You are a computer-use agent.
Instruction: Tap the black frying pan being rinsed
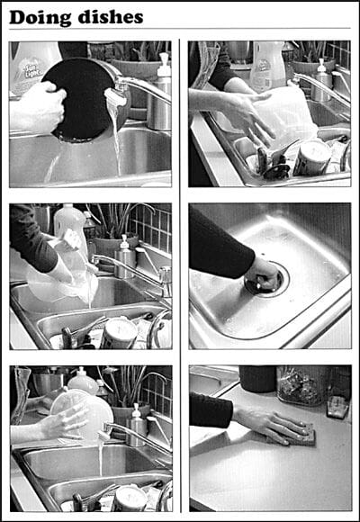85,98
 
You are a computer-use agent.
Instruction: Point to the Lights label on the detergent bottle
31,71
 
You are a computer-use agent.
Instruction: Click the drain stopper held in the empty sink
263,283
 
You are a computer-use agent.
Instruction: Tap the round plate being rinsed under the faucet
83,415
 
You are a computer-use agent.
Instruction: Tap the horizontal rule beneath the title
180,29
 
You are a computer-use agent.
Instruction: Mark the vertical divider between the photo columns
180,275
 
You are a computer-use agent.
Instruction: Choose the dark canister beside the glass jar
257,379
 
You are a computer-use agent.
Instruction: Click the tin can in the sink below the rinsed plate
131,498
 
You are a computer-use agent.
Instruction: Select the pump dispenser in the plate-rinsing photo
136,424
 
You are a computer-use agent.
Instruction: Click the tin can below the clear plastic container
312,158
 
